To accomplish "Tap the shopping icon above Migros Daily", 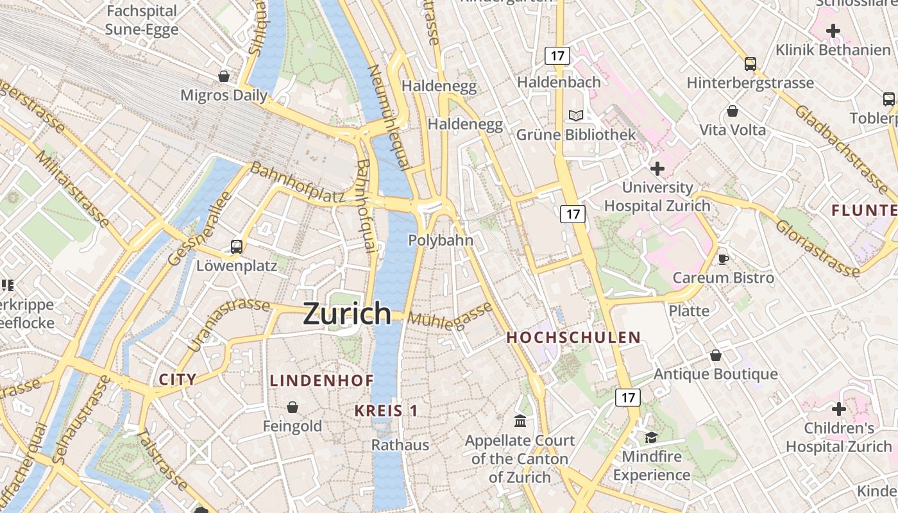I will click(x=224, y=76).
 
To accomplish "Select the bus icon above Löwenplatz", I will click(x=237, y=246).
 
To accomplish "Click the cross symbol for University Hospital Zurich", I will click(x=657, y=169).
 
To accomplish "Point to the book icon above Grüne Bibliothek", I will click(x=576, y=116).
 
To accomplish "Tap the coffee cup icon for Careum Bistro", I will click(x=724, y=259).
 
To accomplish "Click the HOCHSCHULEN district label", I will click(x=573, y=337).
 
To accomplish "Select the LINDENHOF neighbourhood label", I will click(x=321, y=380).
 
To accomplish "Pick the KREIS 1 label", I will click(x=386, y=411).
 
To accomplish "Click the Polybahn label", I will click(x=441, y=240).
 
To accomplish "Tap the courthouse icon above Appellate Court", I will click(x=520, y=421).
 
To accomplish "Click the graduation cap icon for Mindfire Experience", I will click(x=651, y=437).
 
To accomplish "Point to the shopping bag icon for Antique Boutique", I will click(x=716, y=355).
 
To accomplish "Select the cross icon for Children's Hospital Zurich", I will click(x=838, y=408).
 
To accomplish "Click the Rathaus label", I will click(x=400, y=444).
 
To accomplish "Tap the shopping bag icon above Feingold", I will click(x=292, y=407).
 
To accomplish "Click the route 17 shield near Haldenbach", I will click(x=557, y=56).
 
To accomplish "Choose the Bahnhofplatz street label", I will click(x=297, y=183).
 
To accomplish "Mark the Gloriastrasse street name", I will click(x=817, y=249).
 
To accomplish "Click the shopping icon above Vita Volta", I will click(x=733, y=111).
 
